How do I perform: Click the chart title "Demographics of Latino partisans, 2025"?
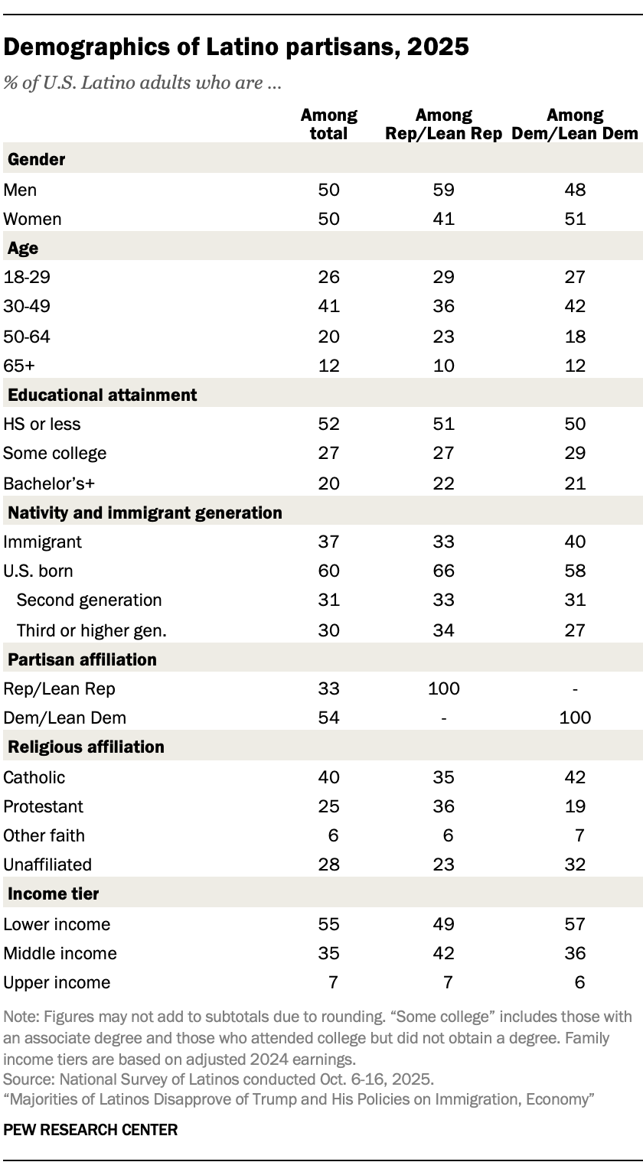click(236, 47)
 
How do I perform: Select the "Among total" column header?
click(329, 124)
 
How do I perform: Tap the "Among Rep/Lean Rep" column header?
click(444, 124)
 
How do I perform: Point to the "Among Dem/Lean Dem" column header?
click(575, 124)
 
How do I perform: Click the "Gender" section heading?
click(36, 160)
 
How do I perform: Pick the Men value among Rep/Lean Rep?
click(444, 190)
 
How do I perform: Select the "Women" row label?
click(32, 219)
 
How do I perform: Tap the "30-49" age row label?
click(25, 306)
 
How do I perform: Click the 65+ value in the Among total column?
click(329, 366)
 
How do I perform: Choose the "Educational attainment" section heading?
click(103, 395)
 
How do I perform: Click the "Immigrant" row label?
click(44, 542)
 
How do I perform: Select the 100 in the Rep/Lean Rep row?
click(444, 688)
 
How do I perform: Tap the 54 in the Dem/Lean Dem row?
click(329, 718)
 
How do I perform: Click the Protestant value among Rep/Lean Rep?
click(444, 806)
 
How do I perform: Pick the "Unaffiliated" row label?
click(47, 864)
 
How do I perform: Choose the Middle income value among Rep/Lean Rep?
click(444, 953)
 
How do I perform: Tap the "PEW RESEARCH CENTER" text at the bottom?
click(90, 1129)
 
